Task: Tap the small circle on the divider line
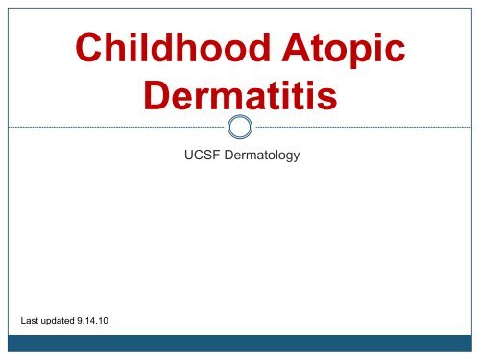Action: coord(240,127)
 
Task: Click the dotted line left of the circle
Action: coord(115,127)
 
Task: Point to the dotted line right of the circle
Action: coord(365,127)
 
